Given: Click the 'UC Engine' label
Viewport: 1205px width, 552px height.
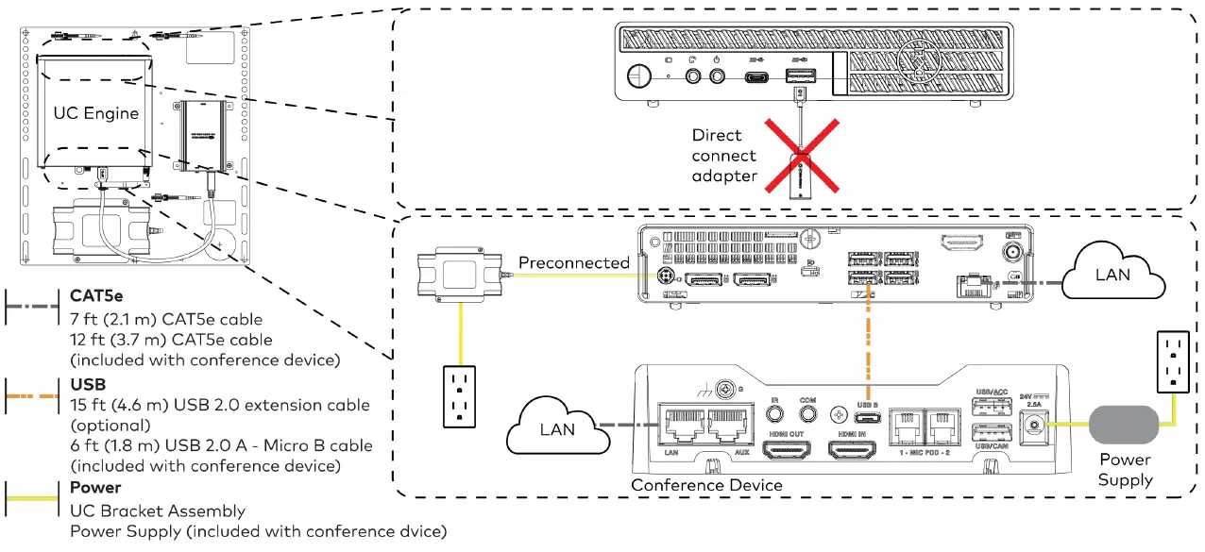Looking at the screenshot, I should click(x=95, y=113).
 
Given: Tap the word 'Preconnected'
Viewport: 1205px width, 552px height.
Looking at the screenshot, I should click(x=573, y=262).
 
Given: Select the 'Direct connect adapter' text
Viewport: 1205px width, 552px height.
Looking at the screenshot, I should click(x=723, y=156).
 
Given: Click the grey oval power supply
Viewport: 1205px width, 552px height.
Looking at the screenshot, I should click(x=1124, y=425).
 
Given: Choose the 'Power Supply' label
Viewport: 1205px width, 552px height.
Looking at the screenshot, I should click(x=1124, y=470).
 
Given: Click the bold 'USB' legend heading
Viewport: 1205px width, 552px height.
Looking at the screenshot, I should click(x=87, y=385).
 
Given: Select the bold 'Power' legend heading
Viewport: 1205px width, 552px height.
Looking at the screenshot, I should click(x=95, y=488).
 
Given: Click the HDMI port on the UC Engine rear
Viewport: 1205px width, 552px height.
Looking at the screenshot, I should click(x=960, y=242).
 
